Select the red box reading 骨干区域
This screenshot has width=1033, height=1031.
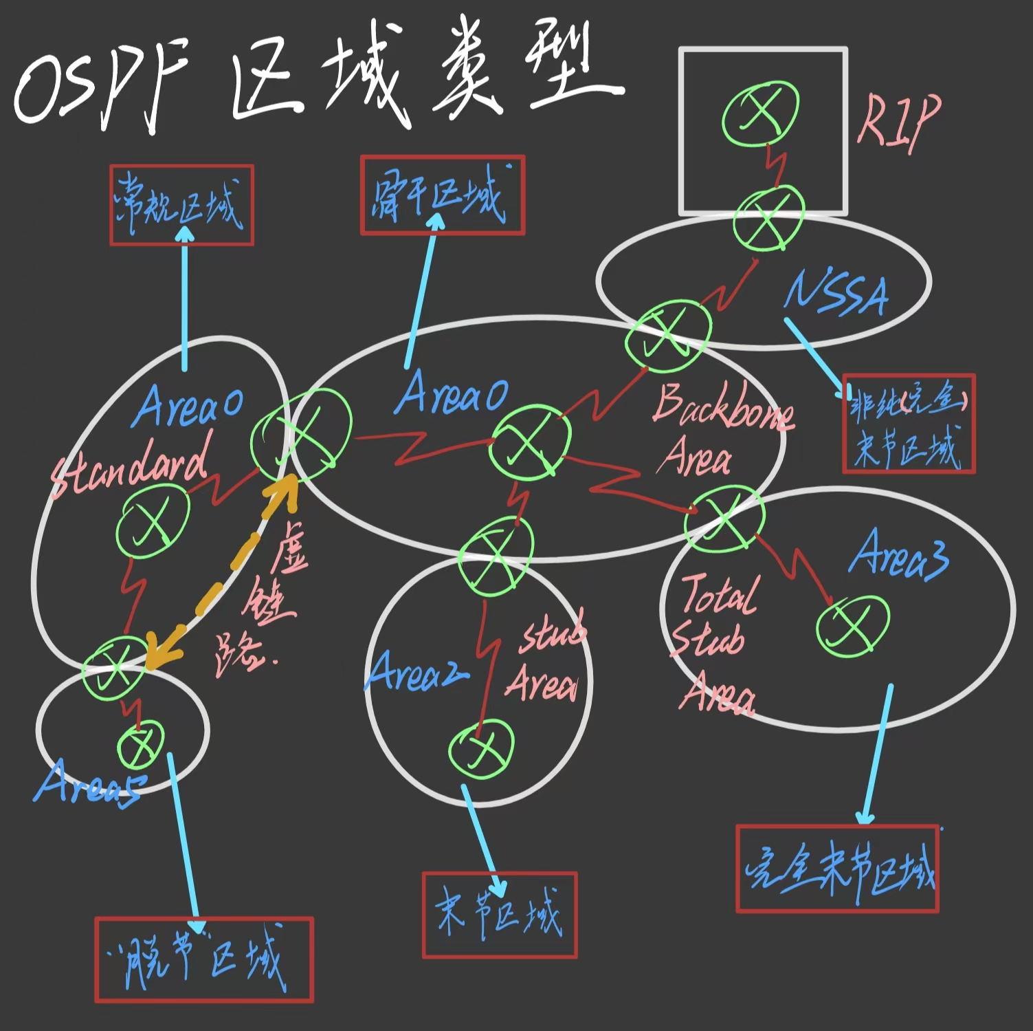pos(443,195)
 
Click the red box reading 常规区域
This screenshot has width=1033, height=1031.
pos(181,205)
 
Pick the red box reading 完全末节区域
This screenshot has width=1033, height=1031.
pos(837,869)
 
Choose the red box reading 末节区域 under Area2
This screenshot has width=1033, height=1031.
pos(500,915)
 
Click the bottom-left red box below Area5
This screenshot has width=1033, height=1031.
pos(204,959)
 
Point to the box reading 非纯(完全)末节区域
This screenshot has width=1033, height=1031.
pos(909,424)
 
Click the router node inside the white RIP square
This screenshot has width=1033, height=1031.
pos(760,113)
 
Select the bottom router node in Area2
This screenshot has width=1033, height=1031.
pos(481,748)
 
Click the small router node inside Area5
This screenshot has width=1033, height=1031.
pos(141,745)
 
